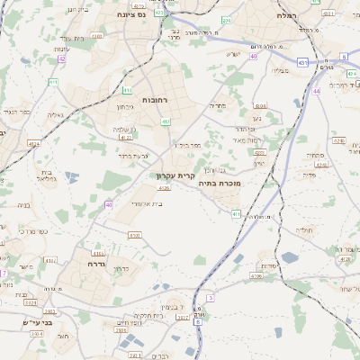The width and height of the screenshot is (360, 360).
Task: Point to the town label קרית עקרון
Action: click(175, 176)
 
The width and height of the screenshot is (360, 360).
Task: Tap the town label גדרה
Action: click(98, 265)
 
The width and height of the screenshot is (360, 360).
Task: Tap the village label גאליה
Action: click(55, 114)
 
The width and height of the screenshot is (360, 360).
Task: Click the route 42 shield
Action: click(62, 58)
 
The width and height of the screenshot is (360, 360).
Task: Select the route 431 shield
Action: click(303, 62)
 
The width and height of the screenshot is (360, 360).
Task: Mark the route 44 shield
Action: click(316, 91)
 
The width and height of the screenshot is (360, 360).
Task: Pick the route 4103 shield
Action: click(110, 235)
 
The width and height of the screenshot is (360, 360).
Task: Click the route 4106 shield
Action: click(257, 276)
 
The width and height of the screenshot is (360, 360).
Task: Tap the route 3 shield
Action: click(211, 297)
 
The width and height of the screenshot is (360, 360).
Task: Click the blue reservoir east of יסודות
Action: click(290, 258)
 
